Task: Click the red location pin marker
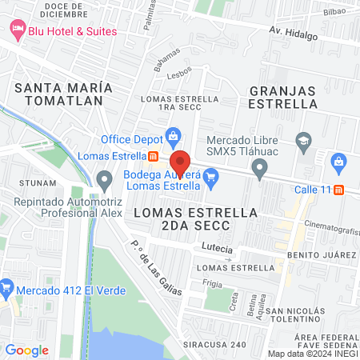pyautogui.click(x=180, y=161)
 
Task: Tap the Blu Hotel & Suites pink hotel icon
pyautogui.click(x=18, y=30)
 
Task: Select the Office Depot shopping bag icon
pyautogui.click(x=172, y=134)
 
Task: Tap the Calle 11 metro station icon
pyautogui.click(x=338, y=190)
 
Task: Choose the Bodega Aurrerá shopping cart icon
pyautogui.click(x=211, y=177)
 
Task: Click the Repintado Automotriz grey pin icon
pyautogui.click(x=103, y=178)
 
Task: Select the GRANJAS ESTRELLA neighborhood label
pyautogui.click(x=283, y=97)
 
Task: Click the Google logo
pyautogui.click(x=27, y=350)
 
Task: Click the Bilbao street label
pyautogui.click(x=334, y=12)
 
